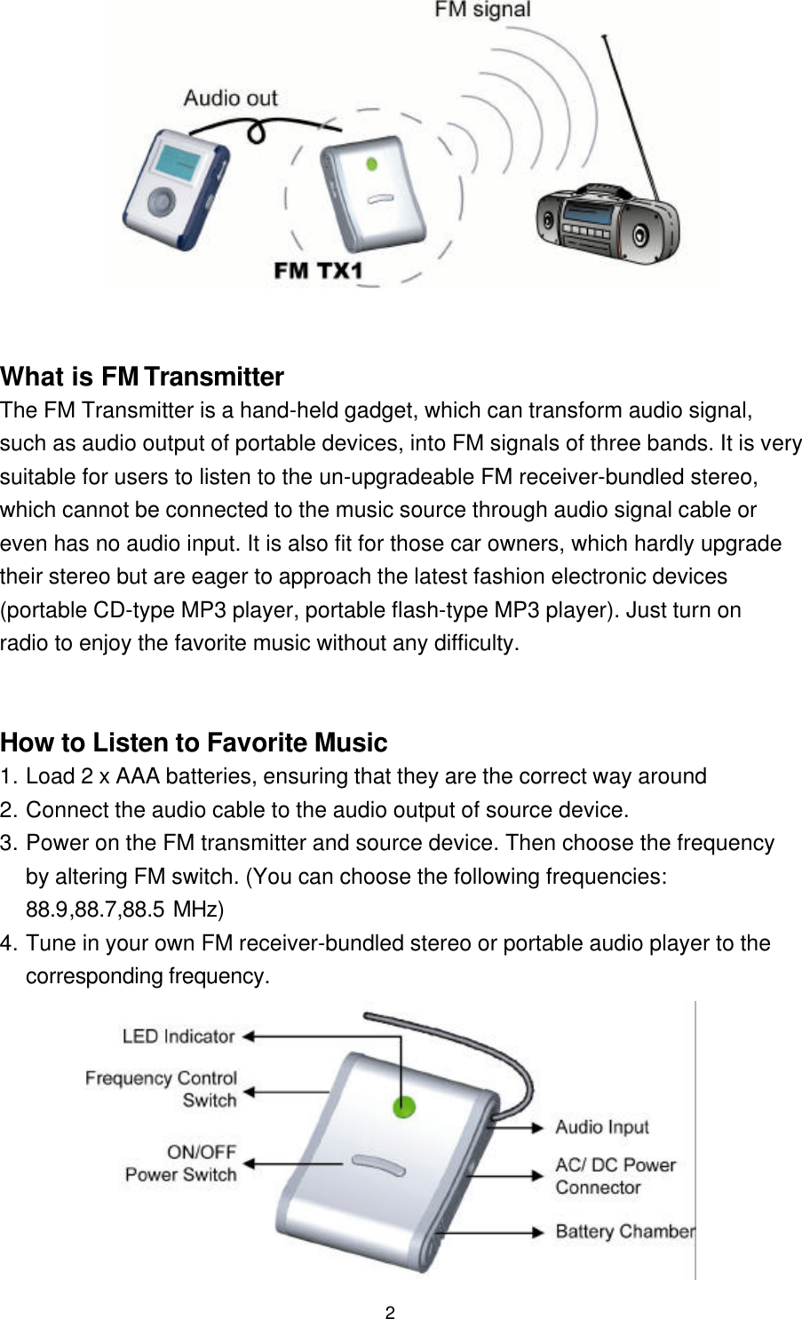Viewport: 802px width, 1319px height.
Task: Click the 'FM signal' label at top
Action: click(x=482, y=12)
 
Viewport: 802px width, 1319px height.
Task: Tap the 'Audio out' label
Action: click(x=230, y=98)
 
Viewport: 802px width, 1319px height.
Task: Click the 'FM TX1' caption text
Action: click(x=318, y=271)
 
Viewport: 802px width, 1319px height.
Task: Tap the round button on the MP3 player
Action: click(x=161, y=201)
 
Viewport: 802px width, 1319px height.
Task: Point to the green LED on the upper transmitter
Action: click(x=372, y=164)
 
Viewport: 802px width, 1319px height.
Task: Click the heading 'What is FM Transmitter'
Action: click(x=142, y=377)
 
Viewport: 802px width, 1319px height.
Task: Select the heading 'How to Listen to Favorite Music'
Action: click(x=194, y=743)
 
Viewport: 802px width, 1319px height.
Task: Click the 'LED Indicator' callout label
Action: click(x=179, y=1037)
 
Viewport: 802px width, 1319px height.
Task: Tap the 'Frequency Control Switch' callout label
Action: click(x=162, y=1089)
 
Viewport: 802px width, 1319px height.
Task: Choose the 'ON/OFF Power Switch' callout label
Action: click(x=181, y=1164)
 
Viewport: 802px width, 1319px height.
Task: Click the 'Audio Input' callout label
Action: click(x=602, y=1127)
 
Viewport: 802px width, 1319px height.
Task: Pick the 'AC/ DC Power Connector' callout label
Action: click(x=615, y=1176)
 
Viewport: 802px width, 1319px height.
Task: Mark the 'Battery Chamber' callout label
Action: click(x=624, y=1232)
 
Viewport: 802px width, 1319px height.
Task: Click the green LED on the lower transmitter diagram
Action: click(x=404, y=1107)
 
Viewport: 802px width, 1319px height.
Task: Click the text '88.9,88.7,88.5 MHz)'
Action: click(x=124, y=910)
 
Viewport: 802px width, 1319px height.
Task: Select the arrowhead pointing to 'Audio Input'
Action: click(x=537, y=1127)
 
